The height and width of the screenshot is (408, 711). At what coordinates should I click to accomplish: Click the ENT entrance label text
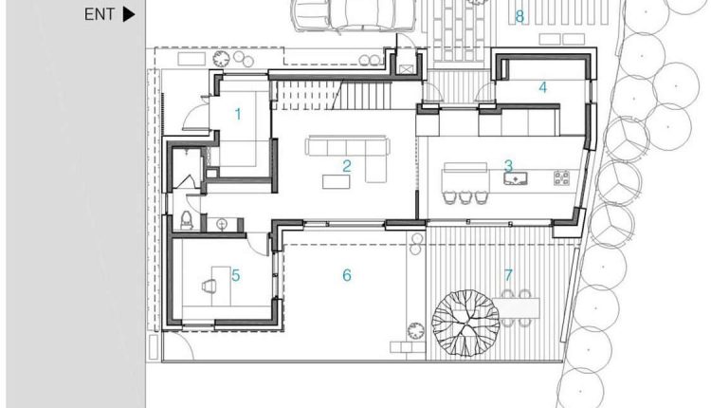pos(100,14)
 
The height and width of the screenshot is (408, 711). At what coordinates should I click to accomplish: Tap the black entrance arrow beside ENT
pos(129,14)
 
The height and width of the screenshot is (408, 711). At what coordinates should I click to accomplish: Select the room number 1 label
pos(238,115)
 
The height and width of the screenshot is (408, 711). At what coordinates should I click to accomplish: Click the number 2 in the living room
pos(347,166)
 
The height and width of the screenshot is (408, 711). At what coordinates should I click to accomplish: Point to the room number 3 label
pos(508,165)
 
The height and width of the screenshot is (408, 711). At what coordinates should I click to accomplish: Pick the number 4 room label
pos(543,87)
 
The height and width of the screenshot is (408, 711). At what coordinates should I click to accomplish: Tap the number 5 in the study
pos(236,275)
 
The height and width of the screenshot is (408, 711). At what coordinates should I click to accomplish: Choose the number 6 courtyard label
pos(347,275)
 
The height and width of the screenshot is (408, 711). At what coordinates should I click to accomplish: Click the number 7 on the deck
pos(508,275)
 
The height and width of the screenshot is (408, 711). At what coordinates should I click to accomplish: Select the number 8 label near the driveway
pos(520,17)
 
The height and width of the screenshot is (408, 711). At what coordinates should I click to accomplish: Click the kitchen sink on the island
pos(516,178)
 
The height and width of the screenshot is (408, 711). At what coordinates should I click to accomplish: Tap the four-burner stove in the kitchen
pos(562,177)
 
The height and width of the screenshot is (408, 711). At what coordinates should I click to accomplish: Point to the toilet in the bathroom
pos(187,220)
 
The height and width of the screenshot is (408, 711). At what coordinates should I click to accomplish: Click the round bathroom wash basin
pos(222,224)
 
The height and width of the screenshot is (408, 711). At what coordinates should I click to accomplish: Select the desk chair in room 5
pos(210,286)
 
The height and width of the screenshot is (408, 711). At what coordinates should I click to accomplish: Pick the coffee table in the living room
pos(336,181)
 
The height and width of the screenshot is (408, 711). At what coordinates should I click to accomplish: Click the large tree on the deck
pos(465,323)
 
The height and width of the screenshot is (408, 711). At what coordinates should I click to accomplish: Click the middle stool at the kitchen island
pos(465,197)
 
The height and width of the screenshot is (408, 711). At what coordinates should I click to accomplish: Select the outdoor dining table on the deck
pos(516,308)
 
